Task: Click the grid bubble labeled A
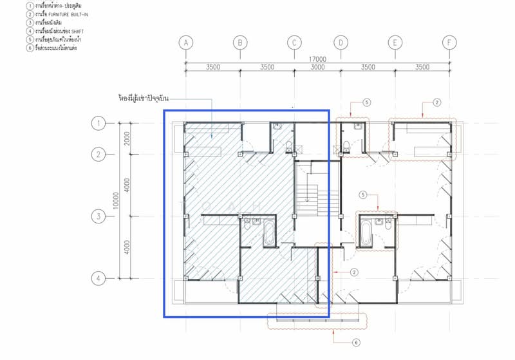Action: (x=186, y=43)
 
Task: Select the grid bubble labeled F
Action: (x=449, y=43)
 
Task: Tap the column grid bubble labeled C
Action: (x=294, y=43)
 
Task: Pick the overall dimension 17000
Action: (x=317, y=59)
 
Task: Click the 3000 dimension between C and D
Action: (x=317, y=67)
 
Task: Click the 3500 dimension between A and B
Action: (x=212, y=67)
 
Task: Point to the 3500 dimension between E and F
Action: (x=422, y=67)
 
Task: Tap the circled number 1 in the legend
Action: (x=12, y=5)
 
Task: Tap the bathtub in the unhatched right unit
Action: (x=366, y=232)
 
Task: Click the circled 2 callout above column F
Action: (x=436, y=102)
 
